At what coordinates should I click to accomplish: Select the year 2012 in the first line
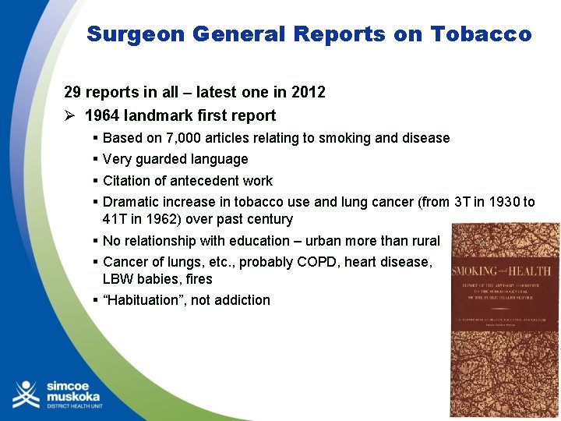[309, 92]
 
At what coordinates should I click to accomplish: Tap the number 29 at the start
[72, 92]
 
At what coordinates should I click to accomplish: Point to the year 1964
[101, 115]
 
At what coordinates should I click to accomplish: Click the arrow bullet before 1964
[70, 115]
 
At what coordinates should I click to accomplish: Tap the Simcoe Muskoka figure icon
[26, 394]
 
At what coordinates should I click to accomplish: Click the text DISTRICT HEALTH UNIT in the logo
[75, 405]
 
